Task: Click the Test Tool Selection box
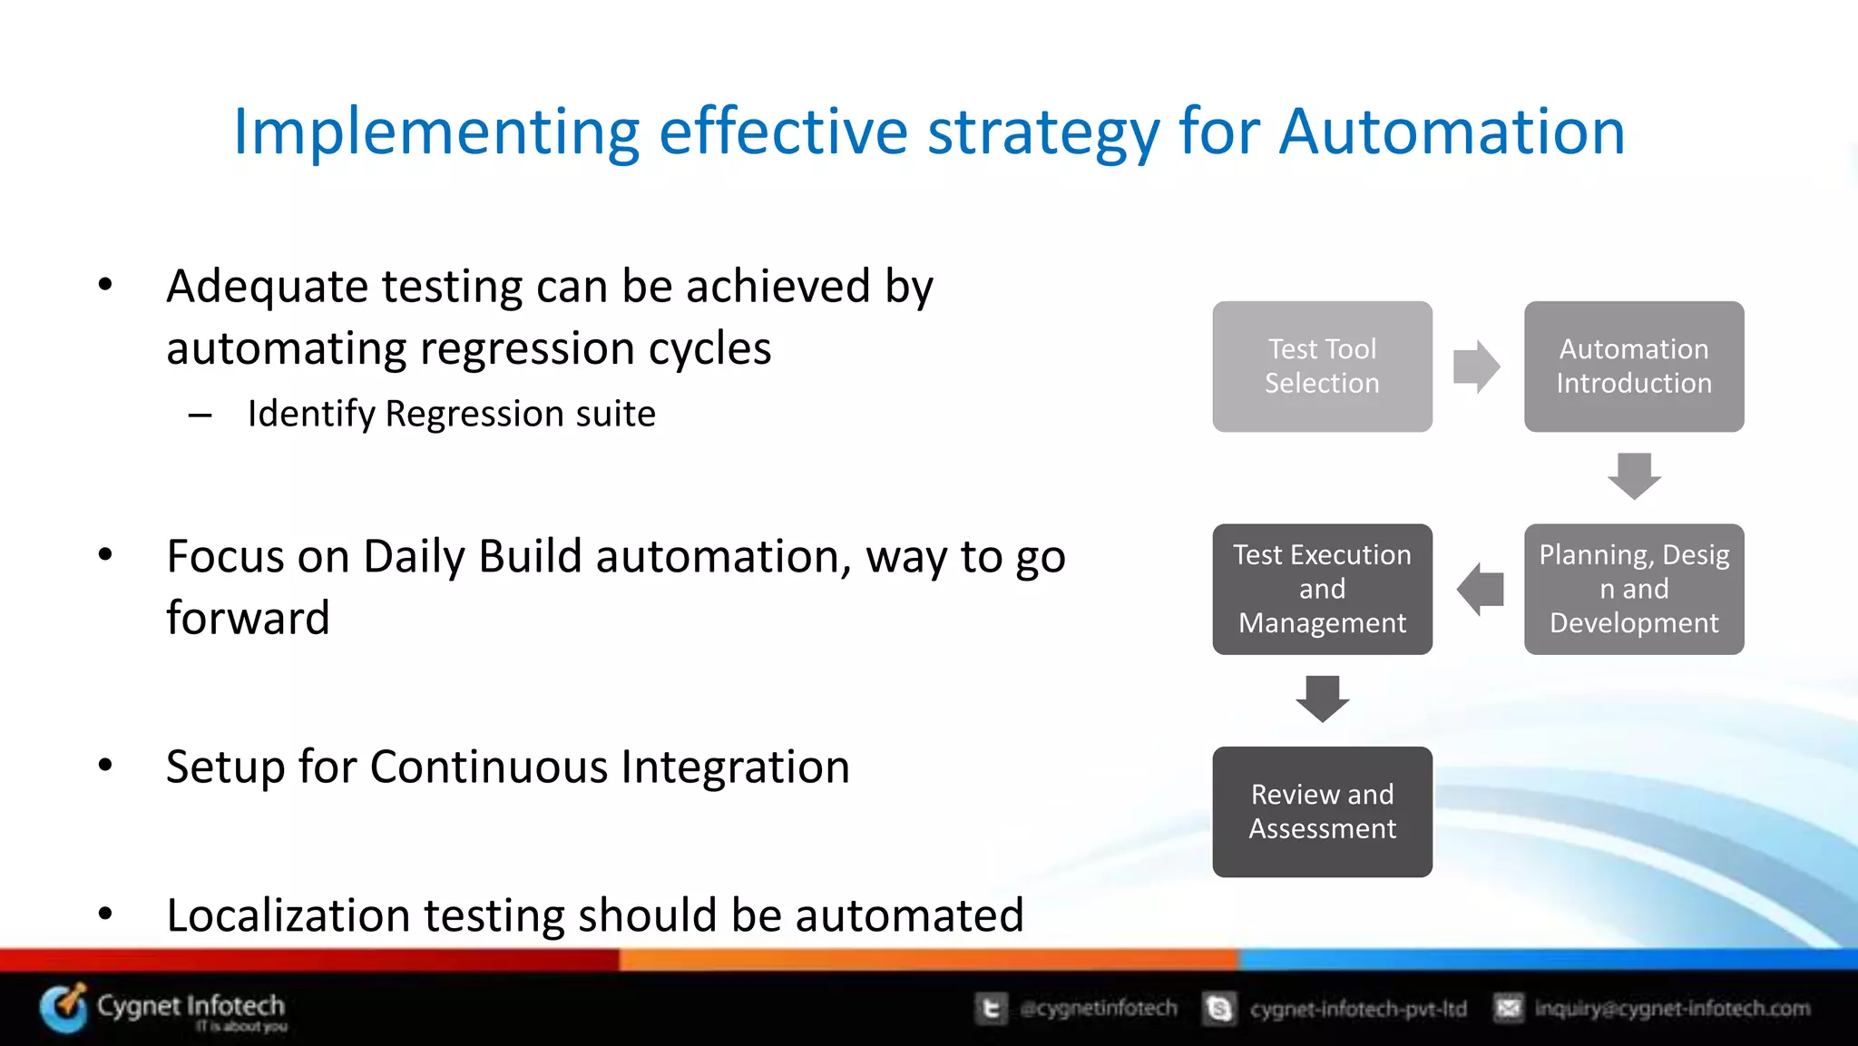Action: [x=1322, y=367]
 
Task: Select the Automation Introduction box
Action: [x=1633, y=367]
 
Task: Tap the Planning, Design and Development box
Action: [x=1633, y=589]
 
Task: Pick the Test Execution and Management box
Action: [x=1322, y=589]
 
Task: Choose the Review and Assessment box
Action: [x=1322, y=811]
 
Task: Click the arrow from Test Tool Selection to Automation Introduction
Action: [x=1476, y=367]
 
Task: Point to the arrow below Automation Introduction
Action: [x=1634, y=475]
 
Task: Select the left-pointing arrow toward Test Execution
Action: [x=1481, y=589]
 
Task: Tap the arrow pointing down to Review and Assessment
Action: [x=1322, y=698]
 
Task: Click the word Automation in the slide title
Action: [x=1452, y=132]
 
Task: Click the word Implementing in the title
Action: [x=435, y=132]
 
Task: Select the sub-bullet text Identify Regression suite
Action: [x=451, y=414]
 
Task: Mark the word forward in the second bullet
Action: [x=248, y=619]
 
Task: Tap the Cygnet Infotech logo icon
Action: [x=64, y=1007]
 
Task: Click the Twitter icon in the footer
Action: [x=991, y=1008]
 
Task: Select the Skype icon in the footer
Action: [x=1219, y=1008]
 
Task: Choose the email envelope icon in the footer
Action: [x=1508, y=1008]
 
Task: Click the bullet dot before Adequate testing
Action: [x=105, y=285]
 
